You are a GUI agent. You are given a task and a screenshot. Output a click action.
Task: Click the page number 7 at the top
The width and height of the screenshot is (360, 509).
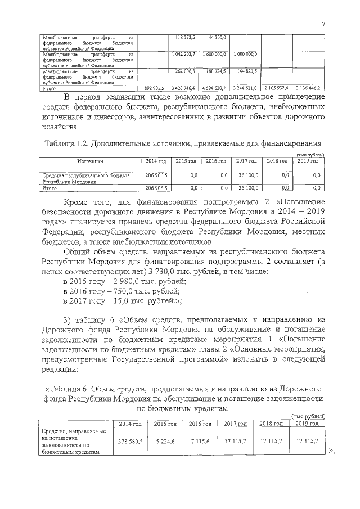pos(324,24)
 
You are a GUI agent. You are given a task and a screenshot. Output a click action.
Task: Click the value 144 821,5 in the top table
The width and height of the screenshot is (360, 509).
pos(246,71)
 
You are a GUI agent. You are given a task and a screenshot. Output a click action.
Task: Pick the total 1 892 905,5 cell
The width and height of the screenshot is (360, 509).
pos(153,88)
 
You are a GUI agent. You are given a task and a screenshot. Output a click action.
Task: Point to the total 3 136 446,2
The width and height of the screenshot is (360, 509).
pos(307,88)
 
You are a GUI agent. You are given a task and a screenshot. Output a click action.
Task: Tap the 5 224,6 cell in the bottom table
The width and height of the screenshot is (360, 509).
pos(164,441)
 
